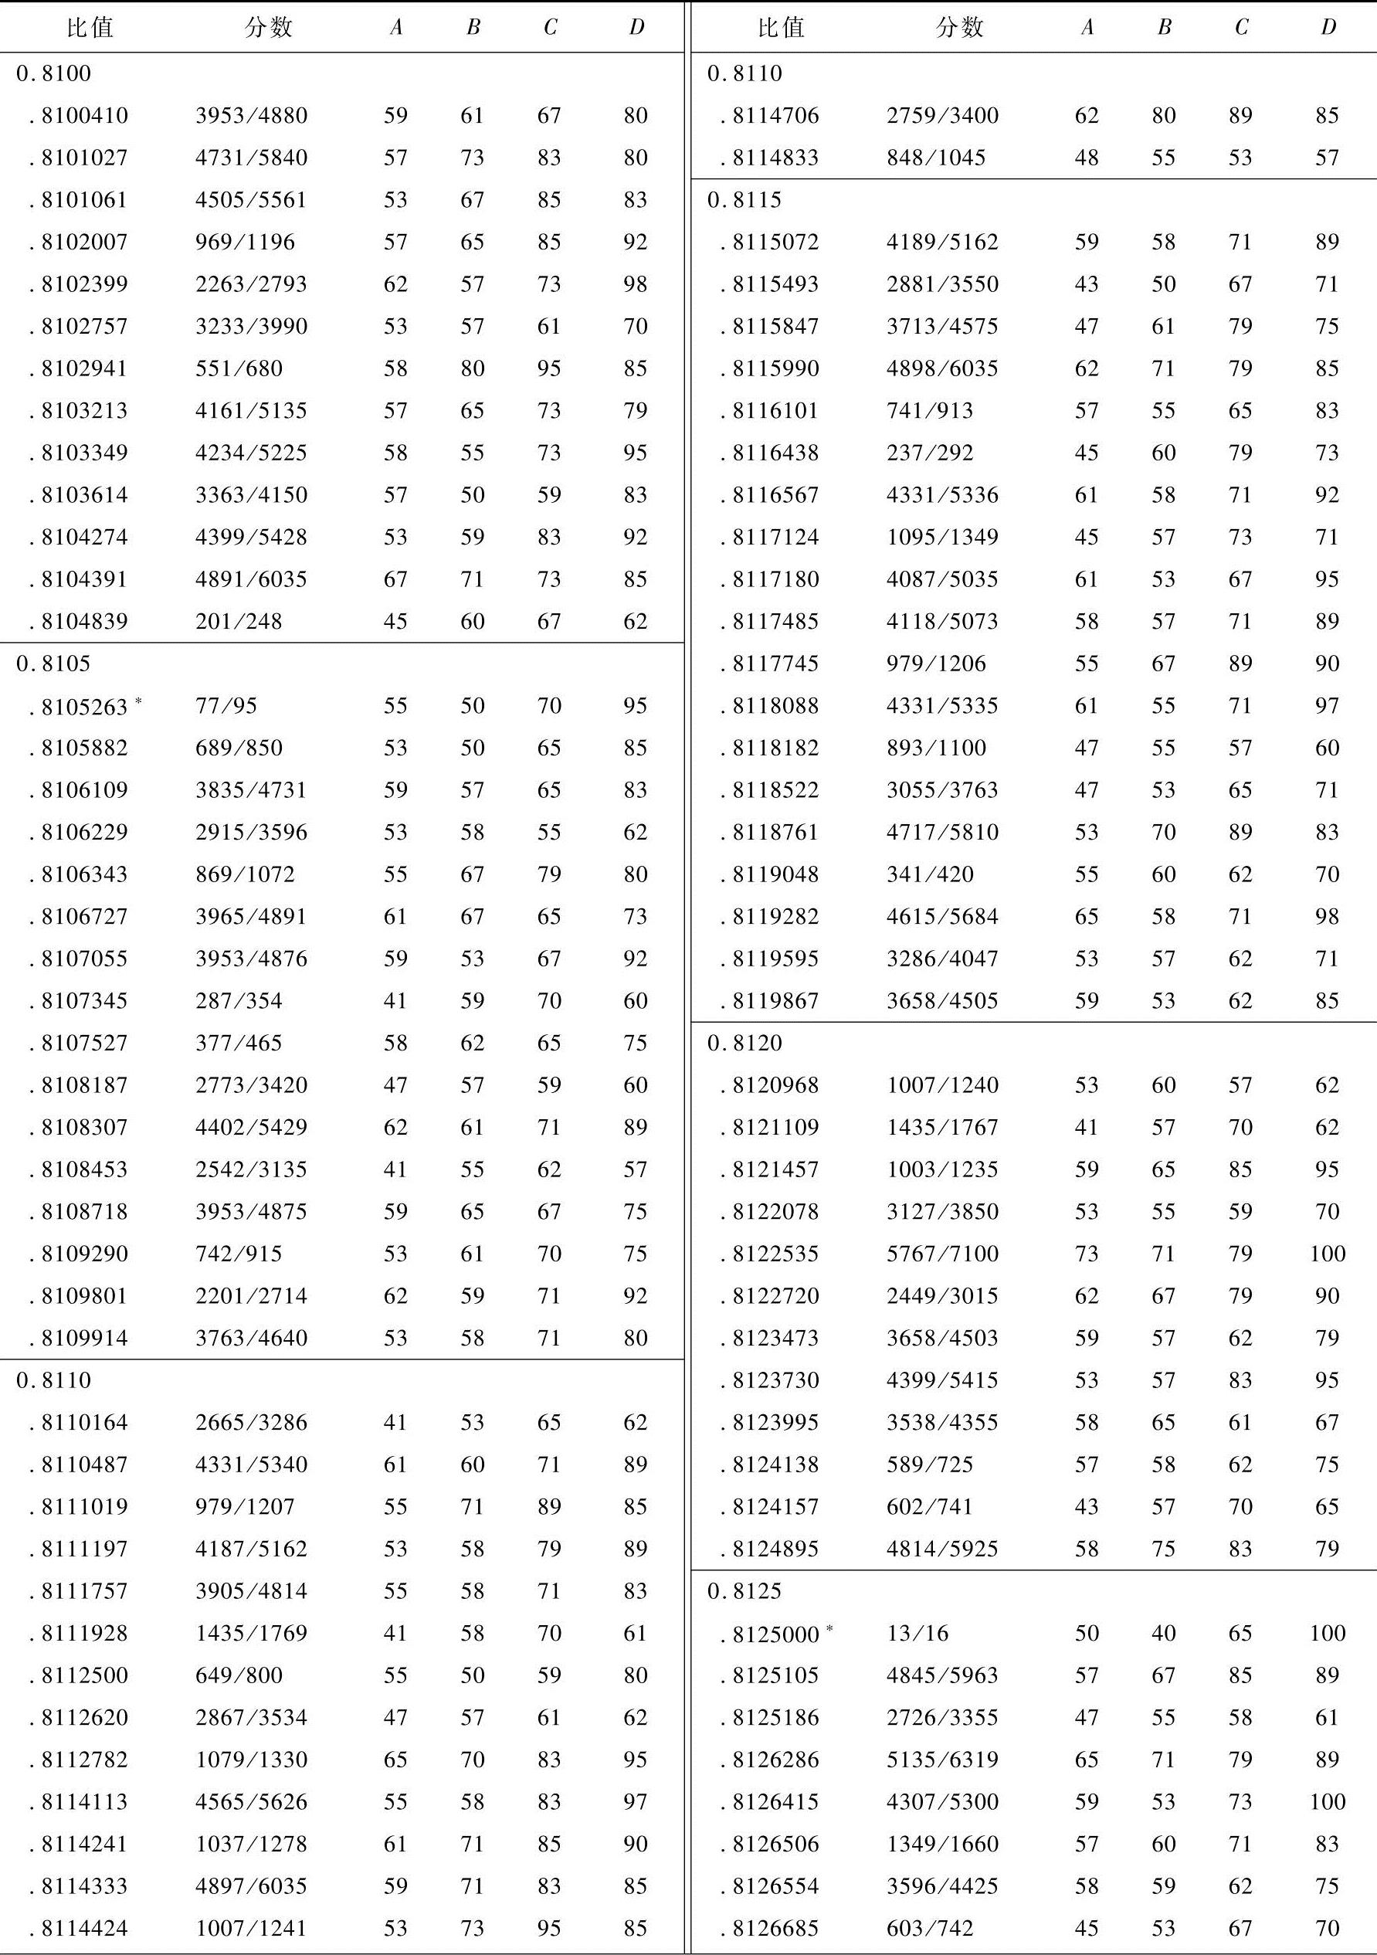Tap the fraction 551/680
click(x=239, y=368)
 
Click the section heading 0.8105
click(x=53, y=664)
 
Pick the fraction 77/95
click(x=226, y=706)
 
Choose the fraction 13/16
click(x=917, y=1633)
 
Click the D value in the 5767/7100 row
click(x=1327, y=1254)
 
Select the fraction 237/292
click(x=929, y=453)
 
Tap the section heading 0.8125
click(x=744, y=1590)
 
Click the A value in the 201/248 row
click(x=395, y=622)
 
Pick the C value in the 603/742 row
click(x=1240, y=1928)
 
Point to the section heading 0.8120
click(x=744, y=1043)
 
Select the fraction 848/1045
click(x=935, y=158)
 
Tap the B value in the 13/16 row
click(x=1163, y=1633)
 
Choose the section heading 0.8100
click(x=53, y=73)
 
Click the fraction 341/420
click(x=929, y=874)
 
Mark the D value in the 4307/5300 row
click(x=1327, y=1802)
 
